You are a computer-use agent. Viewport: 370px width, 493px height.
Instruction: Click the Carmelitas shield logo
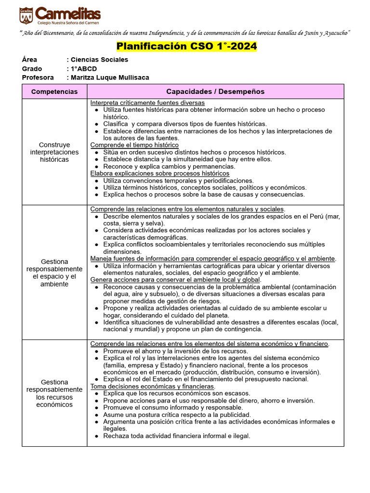(x=26, y=15)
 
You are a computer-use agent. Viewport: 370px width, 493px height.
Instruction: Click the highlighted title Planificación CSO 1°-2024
(x=187, y=47)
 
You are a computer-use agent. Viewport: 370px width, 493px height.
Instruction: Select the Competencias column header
(x=54, y=91)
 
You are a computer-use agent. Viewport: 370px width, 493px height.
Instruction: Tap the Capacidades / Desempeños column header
(x=215, y=91)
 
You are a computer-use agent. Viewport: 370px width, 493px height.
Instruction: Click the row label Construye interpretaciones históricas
(x=54, y=152)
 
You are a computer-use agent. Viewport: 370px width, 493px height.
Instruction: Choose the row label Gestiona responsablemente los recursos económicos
(x=54, y=393)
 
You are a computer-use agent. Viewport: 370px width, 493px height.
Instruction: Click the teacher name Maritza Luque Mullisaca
(x=110, y=78)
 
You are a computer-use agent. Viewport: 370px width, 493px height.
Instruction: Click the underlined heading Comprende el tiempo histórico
(x=134, y=145)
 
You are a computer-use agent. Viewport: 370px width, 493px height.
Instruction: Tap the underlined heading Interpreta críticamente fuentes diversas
(x=147, y=103)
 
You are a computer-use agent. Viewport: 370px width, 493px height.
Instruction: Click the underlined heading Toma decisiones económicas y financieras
(x=153, y=386)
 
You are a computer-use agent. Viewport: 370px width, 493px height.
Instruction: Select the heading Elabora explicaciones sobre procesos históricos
(x=160, y=173)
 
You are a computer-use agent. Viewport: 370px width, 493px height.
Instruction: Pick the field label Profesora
(x=38, y=78)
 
